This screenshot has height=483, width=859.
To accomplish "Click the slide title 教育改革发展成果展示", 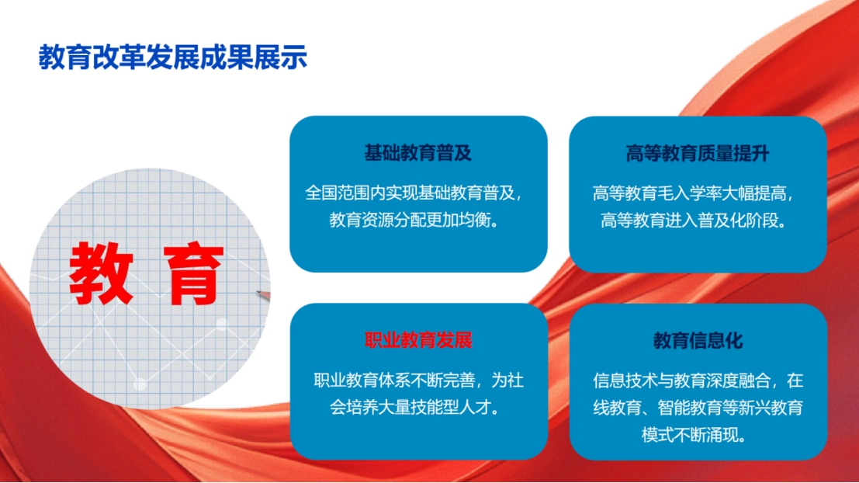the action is click(x=172, y=57).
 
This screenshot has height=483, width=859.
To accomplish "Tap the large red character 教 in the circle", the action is click(x=102, y=273).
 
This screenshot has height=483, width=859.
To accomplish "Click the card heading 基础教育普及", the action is click(x=418, y=153).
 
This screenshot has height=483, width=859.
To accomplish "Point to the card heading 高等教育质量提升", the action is click(x=698, y=154).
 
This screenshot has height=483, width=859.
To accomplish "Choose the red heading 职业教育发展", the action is click(x=418, y=340).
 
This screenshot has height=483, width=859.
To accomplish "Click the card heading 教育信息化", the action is click(x=698, y=341).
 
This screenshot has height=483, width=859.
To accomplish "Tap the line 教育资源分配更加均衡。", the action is click(x=414, y=220).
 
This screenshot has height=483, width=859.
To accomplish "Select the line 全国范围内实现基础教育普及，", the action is click(x=414, y=193).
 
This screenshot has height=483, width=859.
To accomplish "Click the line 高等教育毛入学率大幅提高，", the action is click(x=694, y=193).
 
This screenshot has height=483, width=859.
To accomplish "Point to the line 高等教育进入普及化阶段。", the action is click(x=694, y=221).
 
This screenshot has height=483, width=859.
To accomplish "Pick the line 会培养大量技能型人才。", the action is click(x=414, y=408).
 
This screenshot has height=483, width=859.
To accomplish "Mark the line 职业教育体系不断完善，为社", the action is click(x=418, y=380).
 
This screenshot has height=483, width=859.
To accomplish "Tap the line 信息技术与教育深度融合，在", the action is click(x=698, y=380).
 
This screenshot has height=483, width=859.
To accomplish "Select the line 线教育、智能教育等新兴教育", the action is click(x=698, y=408).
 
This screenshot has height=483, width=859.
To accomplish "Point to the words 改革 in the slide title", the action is click(x=119, y=57).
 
